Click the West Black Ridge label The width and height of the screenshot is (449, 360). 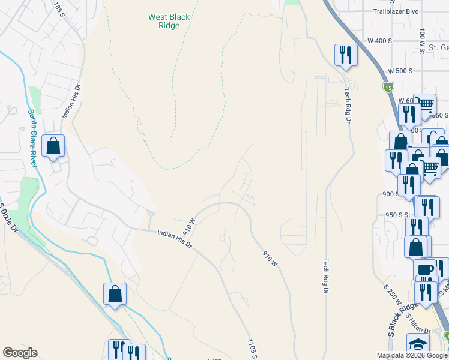169,22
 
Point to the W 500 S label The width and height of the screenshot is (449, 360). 398,71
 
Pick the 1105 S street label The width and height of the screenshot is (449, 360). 253,348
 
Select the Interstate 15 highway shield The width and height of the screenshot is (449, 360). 388,88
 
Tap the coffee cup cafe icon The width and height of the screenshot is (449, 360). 424,270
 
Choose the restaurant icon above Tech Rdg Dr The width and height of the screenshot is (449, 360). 346,55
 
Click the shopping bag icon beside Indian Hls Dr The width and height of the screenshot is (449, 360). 53,146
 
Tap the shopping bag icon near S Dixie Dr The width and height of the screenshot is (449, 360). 115,294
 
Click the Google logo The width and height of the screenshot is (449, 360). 20,353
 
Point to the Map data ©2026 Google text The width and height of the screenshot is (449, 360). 411,355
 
